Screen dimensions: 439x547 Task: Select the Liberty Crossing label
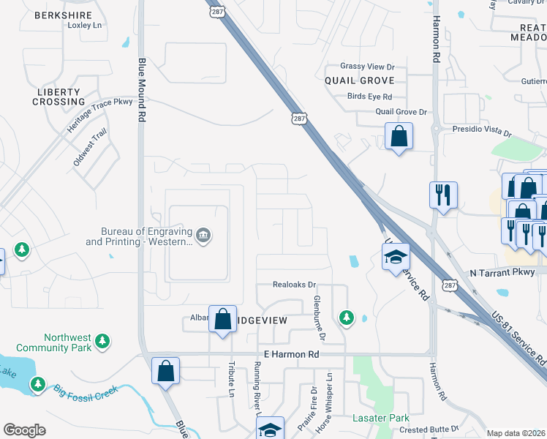[x=58, y=97]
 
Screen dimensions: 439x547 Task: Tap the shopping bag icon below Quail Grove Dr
[x=399, y=136]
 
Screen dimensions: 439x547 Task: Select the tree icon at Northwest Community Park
[x=103, y=342]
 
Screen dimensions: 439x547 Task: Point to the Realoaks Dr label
[x=294, y=285]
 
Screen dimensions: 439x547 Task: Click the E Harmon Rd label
[x=292, y=354]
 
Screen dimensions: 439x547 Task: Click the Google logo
[x=24, y=430]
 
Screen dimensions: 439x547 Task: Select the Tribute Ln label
[x=230, y=381]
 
